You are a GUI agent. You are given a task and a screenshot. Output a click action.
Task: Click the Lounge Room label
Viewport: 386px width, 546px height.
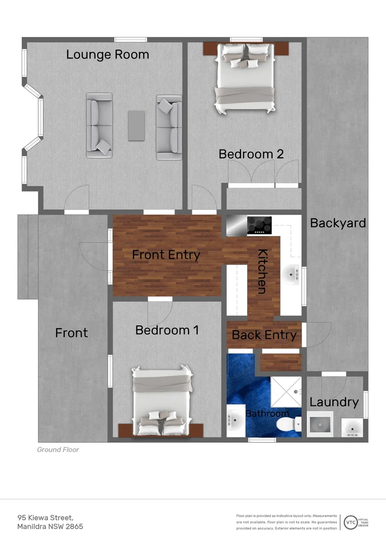108,55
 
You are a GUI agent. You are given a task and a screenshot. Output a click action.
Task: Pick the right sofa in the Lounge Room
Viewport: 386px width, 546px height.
169,127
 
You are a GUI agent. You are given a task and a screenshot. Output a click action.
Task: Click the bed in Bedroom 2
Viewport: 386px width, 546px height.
246,78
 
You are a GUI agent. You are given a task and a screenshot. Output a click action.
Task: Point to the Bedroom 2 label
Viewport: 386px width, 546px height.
251,154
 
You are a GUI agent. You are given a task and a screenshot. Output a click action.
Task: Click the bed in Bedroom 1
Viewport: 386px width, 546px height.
162,401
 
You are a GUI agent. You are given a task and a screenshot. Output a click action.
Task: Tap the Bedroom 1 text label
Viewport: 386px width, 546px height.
167,330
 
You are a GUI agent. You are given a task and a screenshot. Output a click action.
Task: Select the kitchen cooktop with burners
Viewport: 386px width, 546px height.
259,225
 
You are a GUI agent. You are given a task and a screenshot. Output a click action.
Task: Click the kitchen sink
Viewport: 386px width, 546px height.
292,275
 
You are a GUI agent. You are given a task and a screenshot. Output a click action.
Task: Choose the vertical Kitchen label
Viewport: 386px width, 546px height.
262,271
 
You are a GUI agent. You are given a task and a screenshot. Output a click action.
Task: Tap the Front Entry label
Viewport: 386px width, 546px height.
166,255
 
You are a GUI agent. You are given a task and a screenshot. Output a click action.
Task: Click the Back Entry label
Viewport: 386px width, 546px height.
264,335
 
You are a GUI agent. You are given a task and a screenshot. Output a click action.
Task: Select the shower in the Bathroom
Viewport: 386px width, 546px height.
286,392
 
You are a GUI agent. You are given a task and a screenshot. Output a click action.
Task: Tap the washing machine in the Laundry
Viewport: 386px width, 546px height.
320,424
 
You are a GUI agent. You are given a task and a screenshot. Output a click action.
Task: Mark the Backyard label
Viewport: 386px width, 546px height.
338,223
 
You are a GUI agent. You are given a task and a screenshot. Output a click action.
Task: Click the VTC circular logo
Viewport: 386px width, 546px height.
350,522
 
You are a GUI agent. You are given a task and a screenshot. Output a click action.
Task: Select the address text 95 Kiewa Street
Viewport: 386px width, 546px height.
45,517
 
